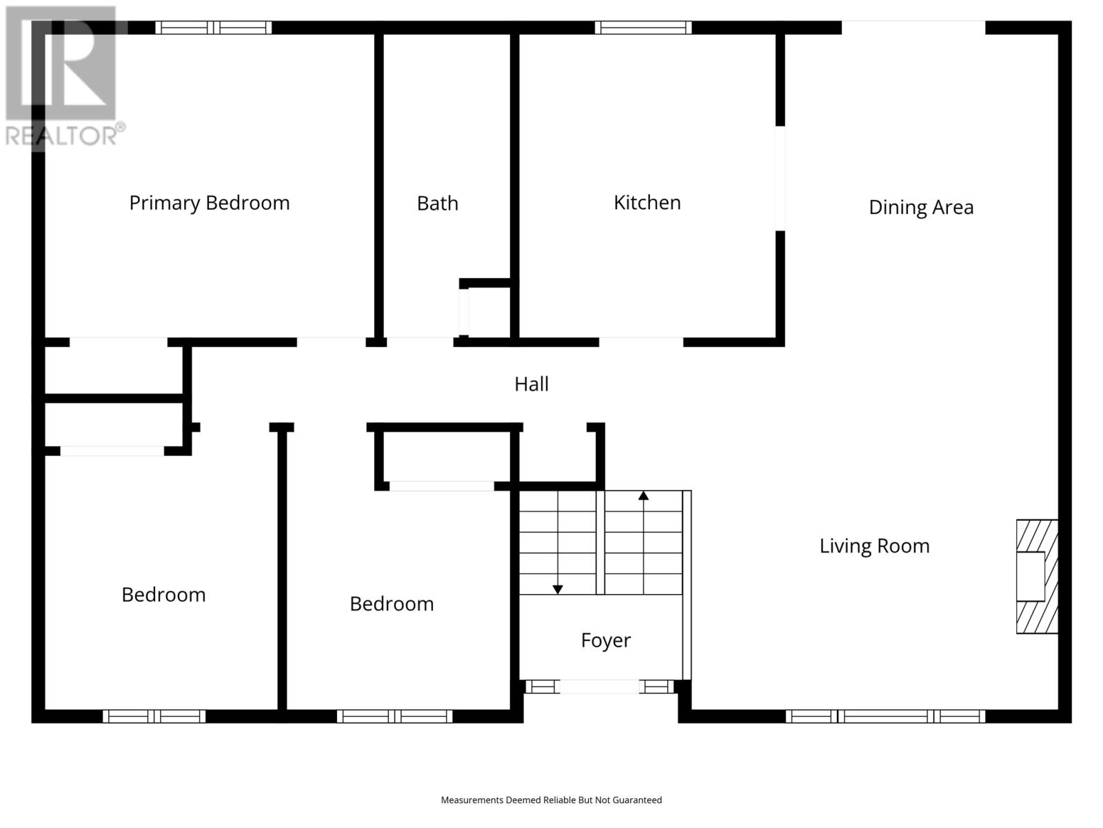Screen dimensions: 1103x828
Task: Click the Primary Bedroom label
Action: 210,203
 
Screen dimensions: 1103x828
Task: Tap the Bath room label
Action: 437,204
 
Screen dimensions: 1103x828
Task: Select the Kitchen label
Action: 647,203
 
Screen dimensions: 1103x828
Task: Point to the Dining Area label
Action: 921,208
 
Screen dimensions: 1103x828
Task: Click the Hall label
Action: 531,384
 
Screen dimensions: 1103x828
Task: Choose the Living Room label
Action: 874,546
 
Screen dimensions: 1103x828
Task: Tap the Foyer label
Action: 605,640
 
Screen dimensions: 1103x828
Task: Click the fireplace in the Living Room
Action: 1037,576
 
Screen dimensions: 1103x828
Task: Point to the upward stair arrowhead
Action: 643,495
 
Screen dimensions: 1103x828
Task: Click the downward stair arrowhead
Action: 557,590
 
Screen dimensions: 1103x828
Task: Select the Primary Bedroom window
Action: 213,28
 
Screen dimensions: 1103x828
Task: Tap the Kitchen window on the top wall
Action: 643,28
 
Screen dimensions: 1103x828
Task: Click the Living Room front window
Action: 885,716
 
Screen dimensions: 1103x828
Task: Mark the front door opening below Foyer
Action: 599,687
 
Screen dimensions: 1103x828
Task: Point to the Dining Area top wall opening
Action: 913,28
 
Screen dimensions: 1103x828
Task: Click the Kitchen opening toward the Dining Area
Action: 780,179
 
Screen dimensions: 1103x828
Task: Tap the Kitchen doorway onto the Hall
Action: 641,342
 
